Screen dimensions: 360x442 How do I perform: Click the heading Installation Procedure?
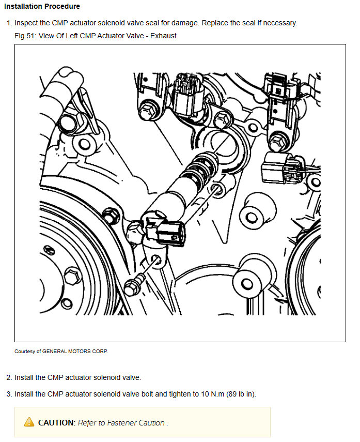click(x=42, y=6)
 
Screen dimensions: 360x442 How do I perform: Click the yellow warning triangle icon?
click(x=29, y=422)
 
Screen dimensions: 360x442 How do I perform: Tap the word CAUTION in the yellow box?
click(x=56, y=422)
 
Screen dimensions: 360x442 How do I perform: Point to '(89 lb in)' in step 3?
click(x=241, y=394)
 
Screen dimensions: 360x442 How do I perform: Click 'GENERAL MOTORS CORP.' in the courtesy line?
click(x=75, y=351)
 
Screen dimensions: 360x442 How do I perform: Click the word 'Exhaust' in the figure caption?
click(x=163, y=36)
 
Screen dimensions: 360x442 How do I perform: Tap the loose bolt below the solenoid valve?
click(x=134, y=284)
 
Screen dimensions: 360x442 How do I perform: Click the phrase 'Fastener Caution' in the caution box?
click(x=136, y=422)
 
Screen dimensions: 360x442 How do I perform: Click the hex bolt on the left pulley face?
click(x=73, y=276)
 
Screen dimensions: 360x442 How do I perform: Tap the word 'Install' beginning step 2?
click(x=24, y=377)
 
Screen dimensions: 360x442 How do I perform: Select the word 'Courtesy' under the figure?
click(x=25, y=351)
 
